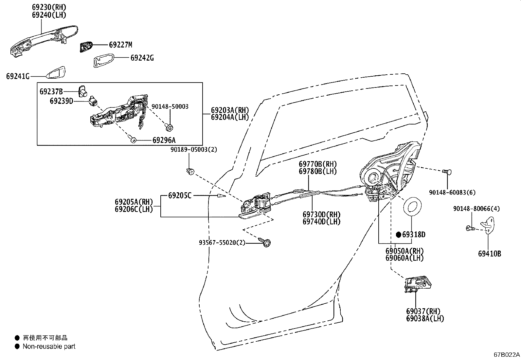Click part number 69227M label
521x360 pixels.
120,45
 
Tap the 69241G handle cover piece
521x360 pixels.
56,73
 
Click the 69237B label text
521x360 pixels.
51,91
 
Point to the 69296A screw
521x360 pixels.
133,140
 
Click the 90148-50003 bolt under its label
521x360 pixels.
170,126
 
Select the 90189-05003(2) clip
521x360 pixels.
190,171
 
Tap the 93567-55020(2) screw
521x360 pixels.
266,242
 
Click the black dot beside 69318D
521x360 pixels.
399,235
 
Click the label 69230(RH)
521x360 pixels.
49,7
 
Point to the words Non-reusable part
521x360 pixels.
49,346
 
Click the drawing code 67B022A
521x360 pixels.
507,355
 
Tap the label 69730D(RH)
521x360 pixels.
321,215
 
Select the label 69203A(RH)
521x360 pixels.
230,110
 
